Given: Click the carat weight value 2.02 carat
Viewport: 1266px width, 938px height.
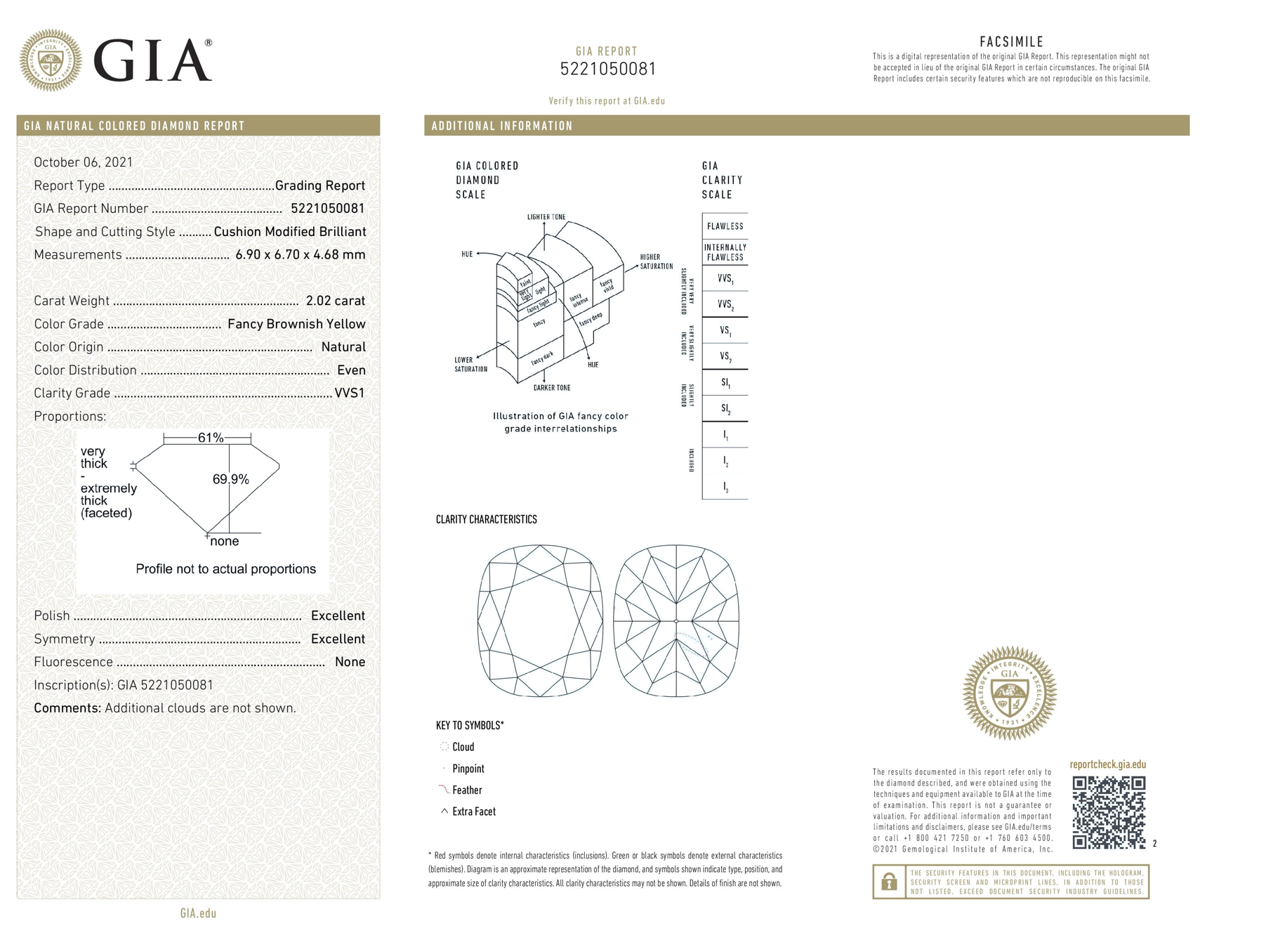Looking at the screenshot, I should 335,301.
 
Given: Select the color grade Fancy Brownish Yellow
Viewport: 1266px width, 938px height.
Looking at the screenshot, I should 296,324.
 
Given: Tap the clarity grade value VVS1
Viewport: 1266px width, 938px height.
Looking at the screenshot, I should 350,393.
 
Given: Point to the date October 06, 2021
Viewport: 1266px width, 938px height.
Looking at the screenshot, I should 83,162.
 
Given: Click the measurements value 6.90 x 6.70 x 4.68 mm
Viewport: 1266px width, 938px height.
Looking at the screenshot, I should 300,254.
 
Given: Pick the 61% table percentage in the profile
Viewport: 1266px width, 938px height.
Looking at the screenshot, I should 210,438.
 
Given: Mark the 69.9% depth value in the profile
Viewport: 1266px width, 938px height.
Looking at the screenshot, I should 230,479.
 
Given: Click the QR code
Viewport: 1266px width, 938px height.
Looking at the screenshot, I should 1108,812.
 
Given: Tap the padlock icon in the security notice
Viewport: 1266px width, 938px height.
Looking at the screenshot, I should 889,881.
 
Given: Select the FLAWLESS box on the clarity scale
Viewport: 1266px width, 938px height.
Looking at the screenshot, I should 725,226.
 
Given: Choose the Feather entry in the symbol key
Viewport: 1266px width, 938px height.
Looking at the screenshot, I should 466,790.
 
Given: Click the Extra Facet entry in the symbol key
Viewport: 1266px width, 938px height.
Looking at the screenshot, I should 473,812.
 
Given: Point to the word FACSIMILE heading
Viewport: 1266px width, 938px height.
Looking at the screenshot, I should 1011,41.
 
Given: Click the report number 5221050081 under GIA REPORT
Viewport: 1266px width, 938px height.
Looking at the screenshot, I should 607,69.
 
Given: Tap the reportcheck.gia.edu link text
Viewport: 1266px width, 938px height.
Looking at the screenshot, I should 1107,764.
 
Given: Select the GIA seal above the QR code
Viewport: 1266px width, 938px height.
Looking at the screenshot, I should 1009,693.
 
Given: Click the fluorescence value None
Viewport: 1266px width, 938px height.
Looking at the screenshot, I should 350,662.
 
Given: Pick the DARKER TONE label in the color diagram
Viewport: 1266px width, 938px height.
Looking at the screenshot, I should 551,388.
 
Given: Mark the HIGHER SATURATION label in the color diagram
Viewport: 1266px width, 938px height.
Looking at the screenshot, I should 656,261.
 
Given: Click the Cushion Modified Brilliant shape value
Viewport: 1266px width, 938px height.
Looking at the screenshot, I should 289,232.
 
